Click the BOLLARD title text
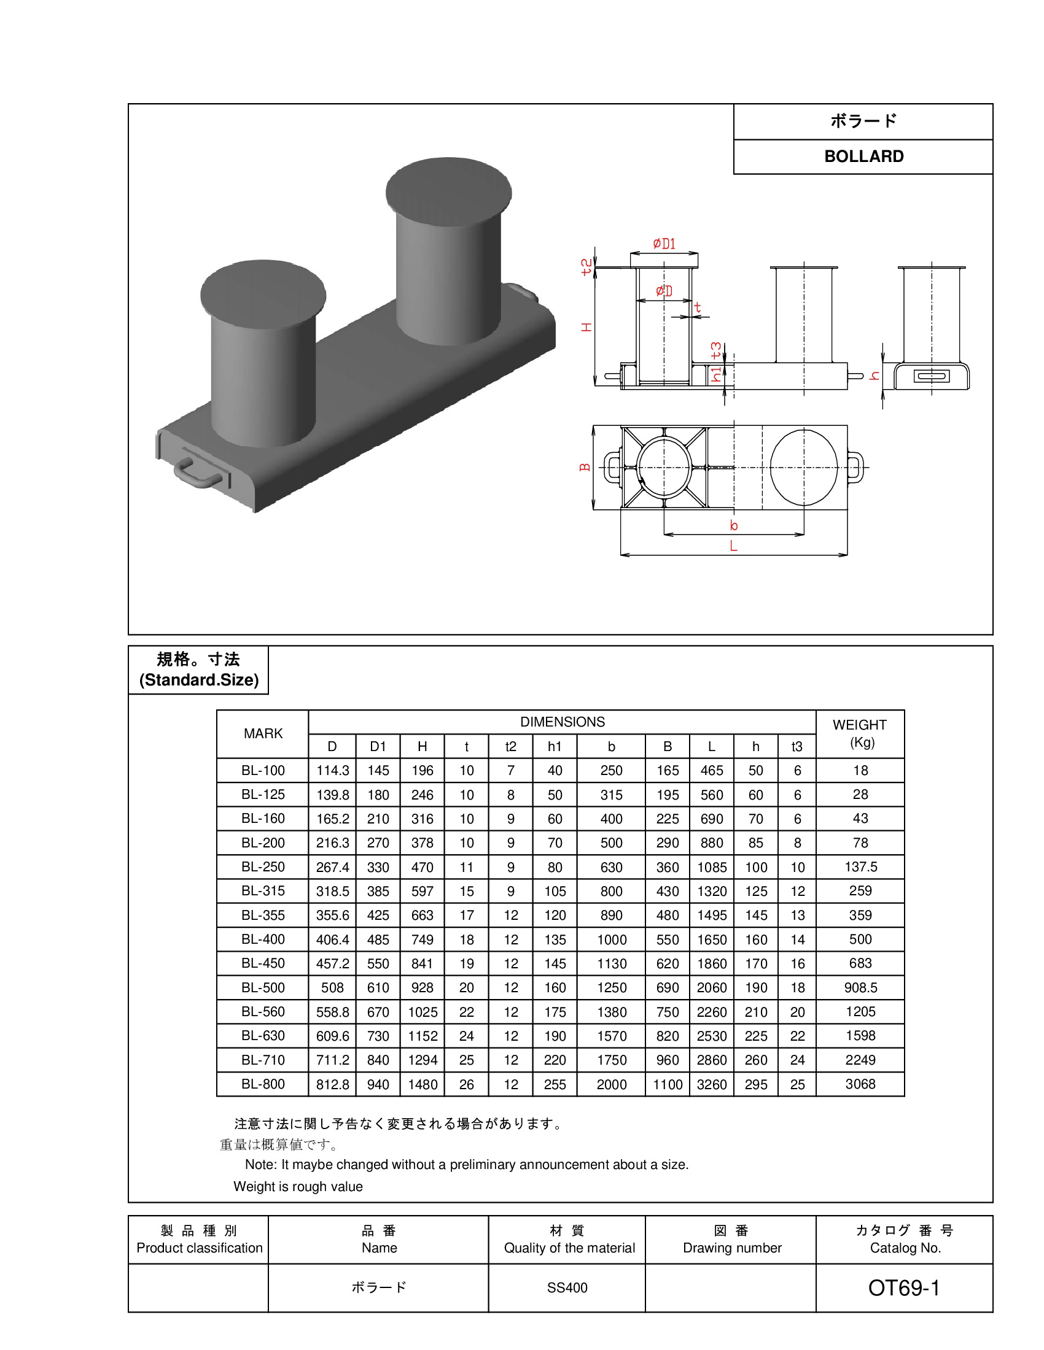pos(863,156)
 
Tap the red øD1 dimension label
pos(664,244)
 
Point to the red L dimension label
pos(733,546)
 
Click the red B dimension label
pos(585,468)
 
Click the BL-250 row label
pos(263,866)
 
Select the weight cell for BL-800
pos(860,1084)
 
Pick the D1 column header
pos(378,746)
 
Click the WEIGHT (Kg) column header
pos(860,733)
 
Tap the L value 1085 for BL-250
pos(712,867)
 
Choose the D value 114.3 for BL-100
pos(333,770)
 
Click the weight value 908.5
pos(860,987)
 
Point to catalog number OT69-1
pos(903,1287)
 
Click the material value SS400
pos(567,1287)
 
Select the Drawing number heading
pos(732,1248)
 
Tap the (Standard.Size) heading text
pos(198,680)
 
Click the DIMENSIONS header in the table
pos(562,722)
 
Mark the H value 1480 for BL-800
pos(423,1084)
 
